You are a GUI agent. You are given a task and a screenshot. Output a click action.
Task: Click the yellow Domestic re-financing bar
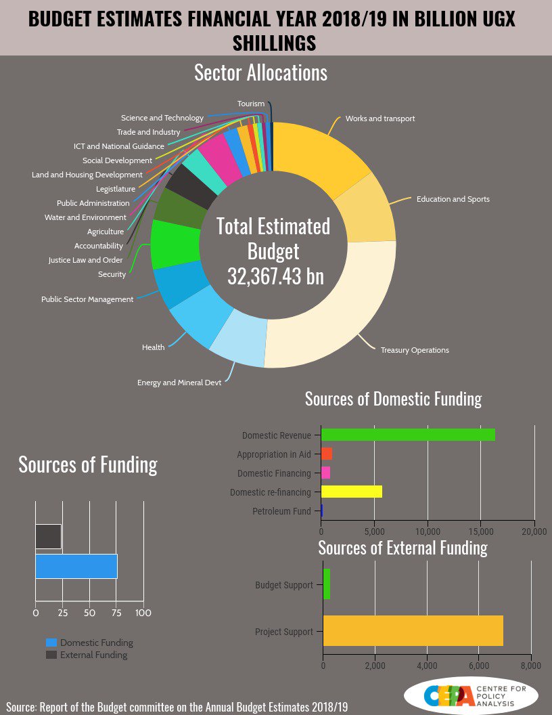[352, 492]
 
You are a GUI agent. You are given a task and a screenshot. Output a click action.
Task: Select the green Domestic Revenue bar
[408, 435]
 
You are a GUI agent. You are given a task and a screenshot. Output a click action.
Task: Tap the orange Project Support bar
[413, 631]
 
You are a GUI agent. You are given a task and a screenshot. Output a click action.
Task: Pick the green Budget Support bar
[327, 584]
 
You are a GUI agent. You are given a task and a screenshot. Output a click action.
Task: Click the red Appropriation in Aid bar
[327, 454]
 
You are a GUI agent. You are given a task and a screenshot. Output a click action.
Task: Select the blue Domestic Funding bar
[76, 566]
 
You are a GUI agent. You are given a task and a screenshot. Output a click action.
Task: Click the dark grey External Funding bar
[48, 536]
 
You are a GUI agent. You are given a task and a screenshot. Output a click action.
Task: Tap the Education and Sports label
[453, 199]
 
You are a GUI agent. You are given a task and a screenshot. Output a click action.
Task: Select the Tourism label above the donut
[250, 104]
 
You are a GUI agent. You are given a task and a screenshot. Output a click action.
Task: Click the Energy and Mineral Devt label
[179, 383]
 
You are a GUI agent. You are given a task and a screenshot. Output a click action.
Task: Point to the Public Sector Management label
[87, 299]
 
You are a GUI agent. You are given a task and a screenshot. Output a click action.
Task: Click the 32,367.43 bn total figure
[275, 276]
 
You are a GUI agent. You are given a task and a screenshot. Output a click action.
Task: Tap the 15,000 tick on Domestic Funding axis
[481, 532]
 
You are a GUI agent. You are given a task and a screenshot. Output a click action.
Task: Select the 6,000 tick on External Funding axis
[478, 666]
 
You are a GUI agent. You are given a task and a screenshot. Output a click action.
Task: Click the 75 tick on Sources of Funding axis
[116, 613]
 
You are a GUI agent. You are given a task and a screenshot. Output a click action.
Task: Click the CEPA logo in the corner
[470, 695]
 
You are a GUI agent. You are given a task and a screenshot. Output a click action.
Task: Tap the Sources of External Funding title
[402, 547]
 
